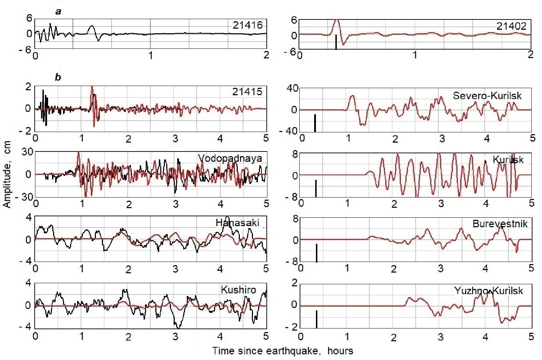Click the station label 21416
pyautogui.click(x=248, y=25)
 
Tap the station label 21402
pyautogui.click(x=512, y=26)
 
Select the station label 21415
pyautogui.click(x=247, y=92)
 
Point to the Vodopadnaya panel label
pyautogui.click(x=230, y=158)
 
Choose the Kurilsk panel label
pyautogui.click(x=508, y=160)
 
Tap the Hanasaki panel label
pyautogui.click(x=237, y=223)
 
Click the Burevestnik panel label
pyautogui.click(x=500, y=224)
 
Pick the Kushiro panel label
pyautogui.click(x=238, y=290)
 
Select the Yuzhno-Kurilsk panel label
pyautogui.click(x=488, y=291)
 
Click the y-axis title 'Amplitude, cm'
pyautogui.click(x=7, y=174)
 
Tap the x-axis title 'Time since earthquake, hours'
pyautogui.click(x=283, y=351)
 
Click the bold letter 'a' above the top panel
pyautogui.click(x=58, y=12)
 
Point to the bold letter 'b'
pyautogui.click(x=58, y=77)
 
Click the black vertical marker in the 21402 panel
pyautogui.click(x=336, y=42)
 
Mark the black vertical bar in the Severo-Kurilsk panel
pyautogui.click(x=315, y=123)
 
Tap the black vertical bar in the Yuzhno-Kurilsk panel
pyautogui.click(x=317, y=319)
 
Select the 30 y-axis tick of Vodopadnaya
pyautogui.click(x=28, y=152)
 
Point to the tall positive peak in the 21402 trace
pyautogui.click(x=336, y=20)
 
